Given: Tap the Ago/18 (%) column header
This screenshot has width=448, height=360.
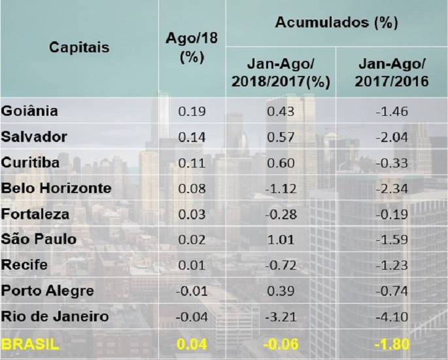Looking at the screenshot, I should point(192,48).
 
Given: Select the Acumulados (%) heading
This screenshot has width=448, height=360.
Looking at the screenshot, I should point(336,23).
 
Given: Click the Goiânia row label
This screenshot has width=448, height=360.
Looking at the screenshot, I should point(30,111).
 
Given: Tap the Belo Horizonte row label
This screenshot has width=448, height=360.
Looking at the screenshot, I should point(57,189).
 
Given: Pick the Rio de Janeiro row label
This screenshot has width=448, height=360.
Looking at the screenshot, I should point(55,317).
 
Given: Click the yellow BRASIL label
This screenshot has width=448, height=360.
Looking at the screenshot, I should point(28,343).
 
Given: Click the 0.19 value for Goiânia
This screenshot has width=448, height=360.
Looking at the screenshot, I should point(192,111).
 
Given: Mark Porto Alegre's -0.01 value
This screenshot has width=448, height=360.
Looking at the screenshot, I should point(192,291).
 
